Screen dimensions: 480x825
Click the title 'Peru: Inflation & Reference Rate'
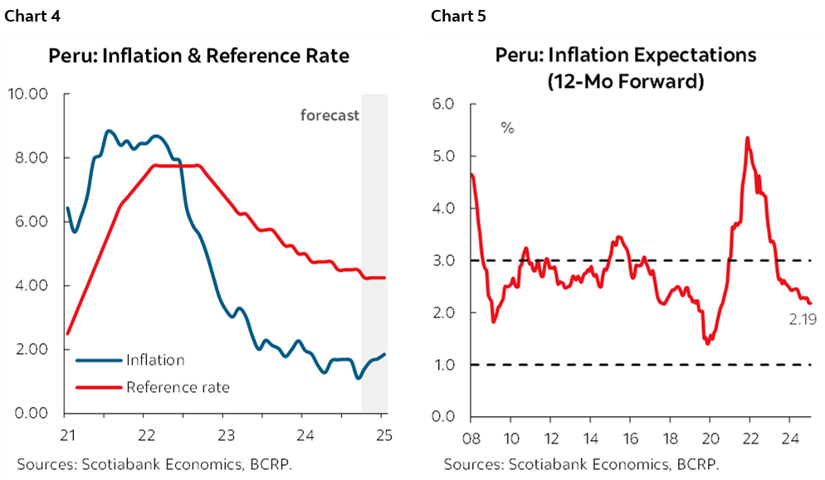(198, 56)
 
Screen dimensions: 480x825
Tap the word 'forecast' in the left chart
(330, 115)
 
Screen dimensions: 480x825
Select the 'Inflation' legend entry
(154, 360)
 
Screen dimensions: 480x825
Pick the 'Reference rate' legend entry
(177, 386)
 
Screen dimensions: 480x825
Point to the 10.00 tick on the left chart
(28, 94)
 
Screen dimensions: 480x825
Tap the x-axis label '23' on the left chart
(227, 435)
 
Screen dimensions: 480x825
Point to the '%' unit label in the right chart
(507, 128)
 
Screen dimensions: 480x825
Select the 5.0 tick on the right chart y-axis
(444, 156)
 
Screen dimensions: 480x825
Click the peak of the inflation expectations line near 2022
(748, 138)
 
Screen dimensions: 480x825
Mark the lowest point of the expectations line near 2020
(707, 342)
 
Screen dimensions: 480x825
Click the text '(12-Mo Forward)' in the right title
(626, 81)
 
